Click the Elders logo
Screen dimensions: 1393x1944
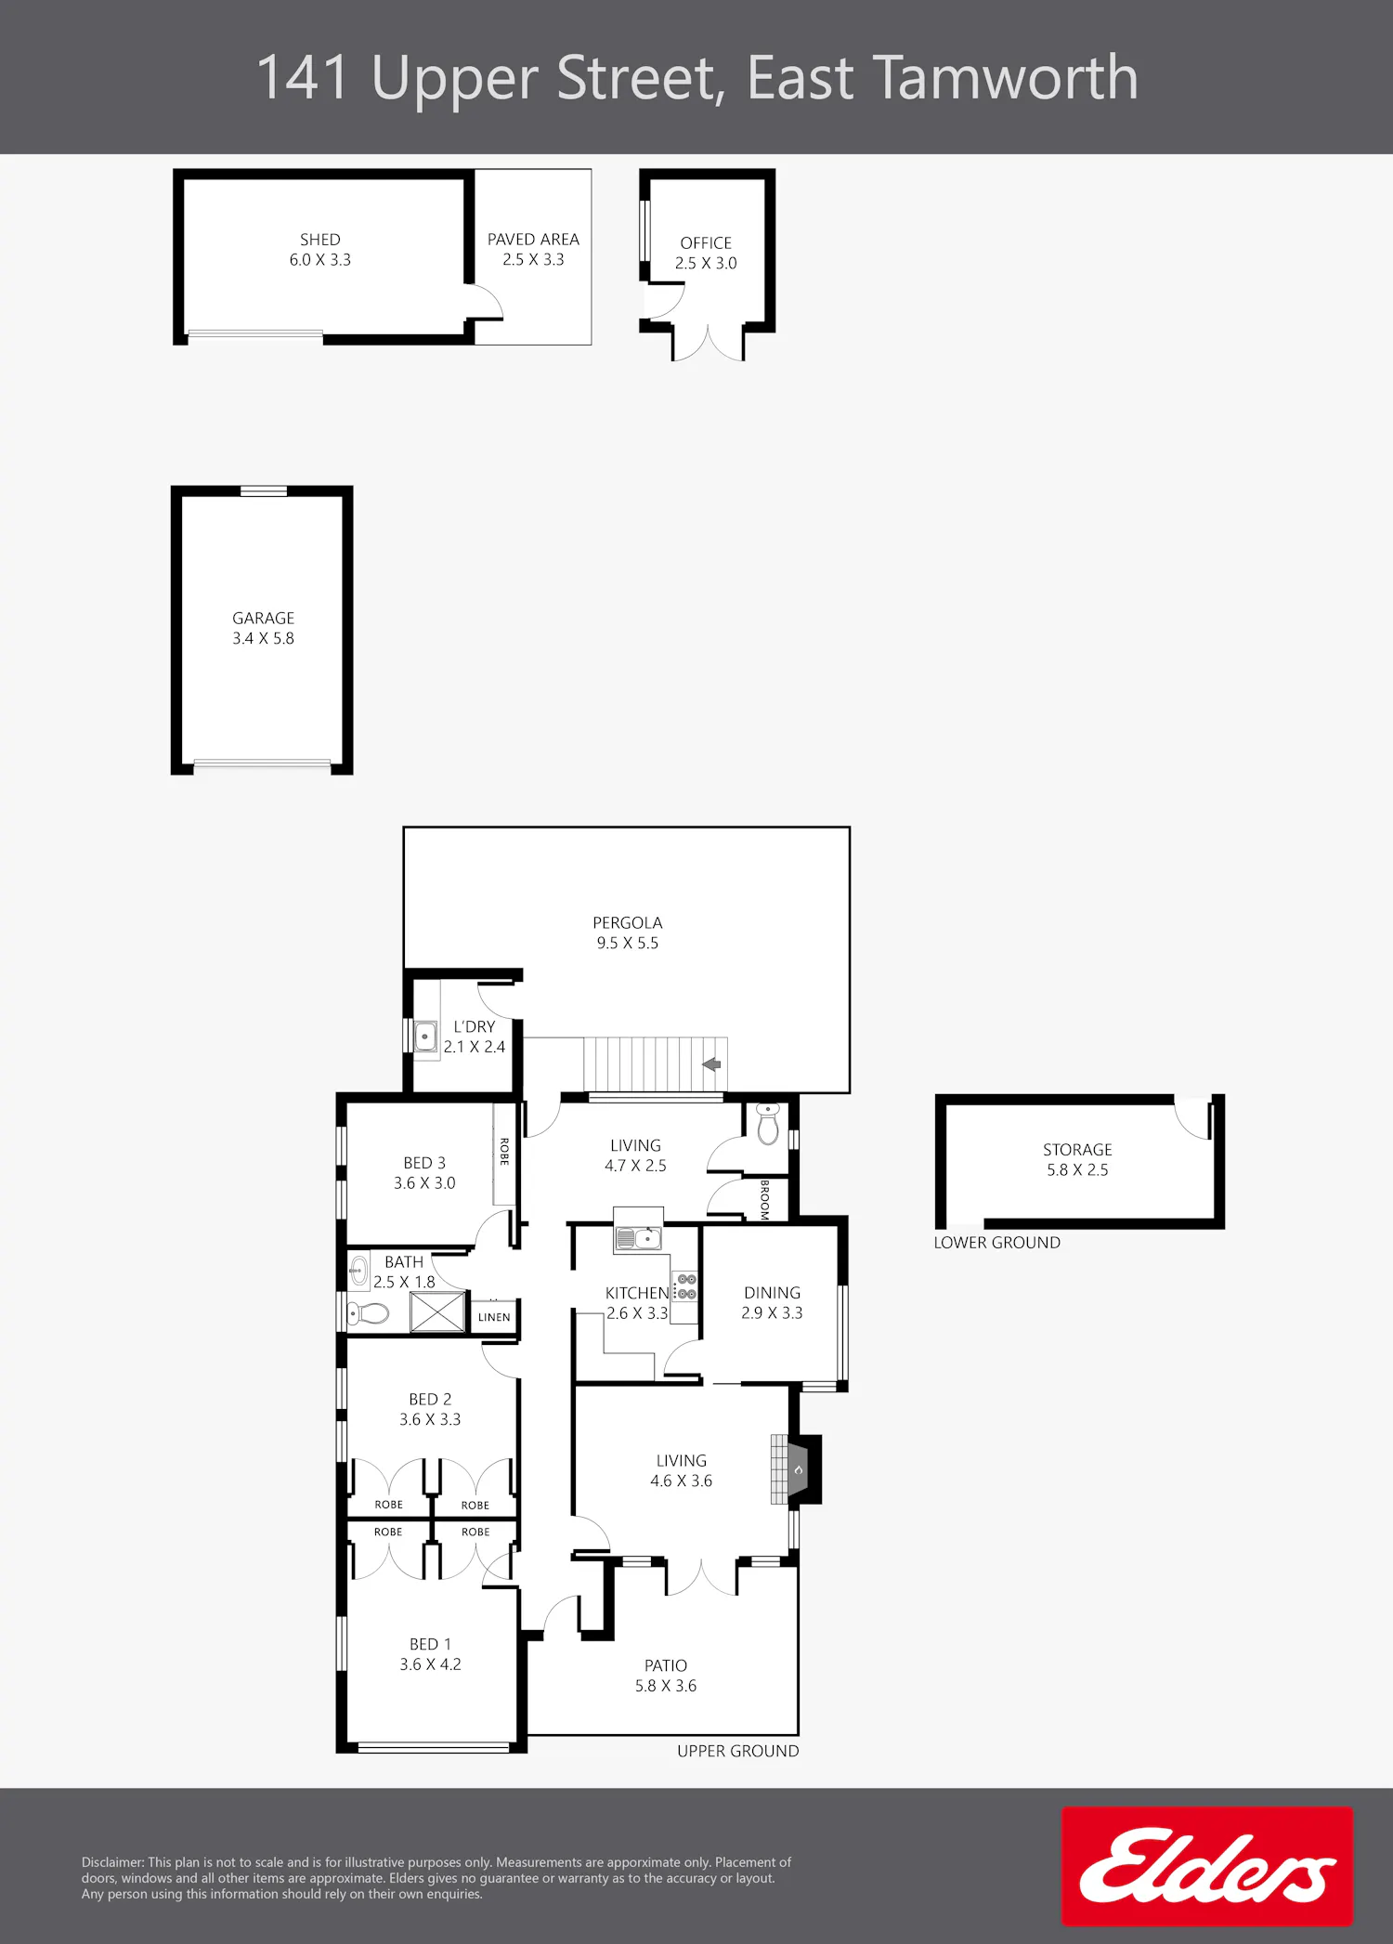[x=1207, y=1866]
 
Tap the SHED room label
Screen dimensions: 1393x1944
[x=320, y=240]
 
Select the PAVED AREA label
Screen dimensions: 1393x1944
[x=533, y=240]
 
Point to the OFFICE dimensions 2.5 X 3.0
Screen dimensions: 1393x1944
[x=706, y=263]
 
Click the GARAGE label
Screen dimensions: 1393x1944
[x=264, y=619]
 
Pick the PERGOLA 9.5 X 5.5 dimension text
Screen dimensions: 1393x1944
[x=628, y=943]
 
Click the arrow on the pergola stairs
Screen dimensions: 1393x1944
[x=711, y=1064]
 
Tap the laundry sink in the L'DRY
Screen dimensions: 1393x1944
[x=425, y=1036]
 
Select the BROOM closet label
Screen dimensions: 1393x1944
[x=764, y=1199]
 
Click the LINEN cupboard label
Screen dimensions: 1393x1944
[x=494, y=1317]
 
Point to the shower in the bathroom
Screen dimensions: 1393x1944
[x=438, y=1311]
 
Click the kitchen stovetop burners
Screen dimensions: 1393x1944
[x=686, y=1286]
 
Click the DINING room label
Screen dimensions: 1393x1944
[x=772, y=1293]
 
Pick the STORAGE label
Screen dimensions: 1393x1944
[x=1077, y=1150]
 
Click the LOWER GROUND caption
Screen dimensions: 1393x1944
[x=997, y=1243]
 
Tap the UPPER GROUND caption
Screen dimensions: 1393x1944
[x=738, y=1751]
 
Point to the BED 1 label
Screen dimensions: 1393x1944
[x=430, y=1644]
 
